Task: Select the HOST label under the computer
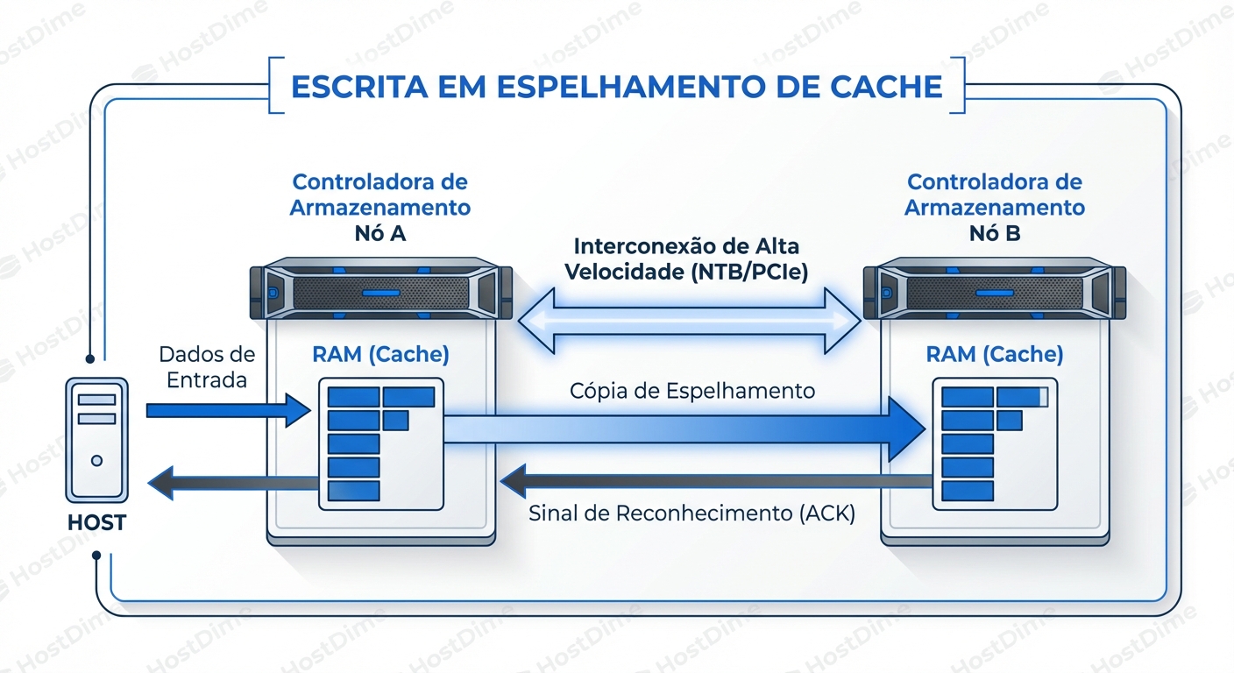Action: [x=96, y=523]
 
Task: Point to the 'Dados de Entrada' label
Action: [x=207, y=367]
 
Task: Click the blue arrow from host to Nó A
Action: [x=228, y=410]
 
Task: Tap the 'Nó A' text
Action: [x=379, y=234]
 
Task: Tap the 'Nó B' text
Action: [x=994, y=234]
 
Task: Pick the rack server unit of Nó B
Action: [x=994, y=291]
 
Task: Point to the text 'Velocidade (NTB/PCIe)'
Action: [x=686, y=272]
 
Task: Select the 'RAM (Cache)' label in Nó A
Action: [x=380, y=354]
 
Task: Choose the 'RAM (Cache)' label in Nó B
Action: [x=994, y=354]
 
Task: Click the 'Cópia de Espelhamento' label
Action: [x=691, y=391]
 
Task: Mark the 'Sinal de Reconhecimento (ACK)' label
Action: [x=691, y=514]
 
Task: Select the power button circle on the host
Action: [x=96, y=460]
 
